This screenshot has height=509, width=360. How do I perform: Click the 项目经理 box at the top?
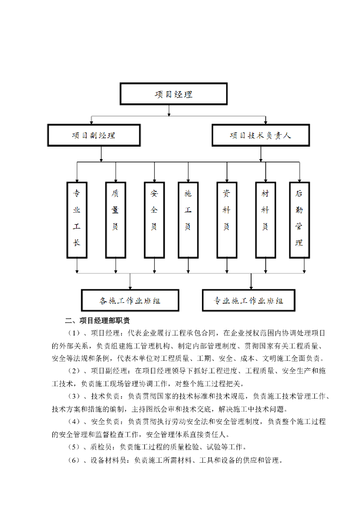(x=174, y=94)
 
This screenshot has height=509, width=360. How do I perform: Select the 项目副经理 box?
(x=94, y=135)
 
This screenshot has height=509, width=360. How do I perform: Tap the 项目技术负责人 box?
(x=261, y=135)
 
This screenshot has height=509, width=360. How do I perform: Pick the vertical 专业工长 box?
(x=77, y=219)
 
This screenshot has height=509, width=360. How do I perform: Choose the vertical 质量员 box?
(x=115, y=219)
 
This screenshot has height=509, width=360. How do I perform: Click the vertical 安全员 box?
(x=154, y=219)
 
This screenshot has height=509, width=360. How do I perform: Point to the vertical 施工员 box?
(x=188, y=219)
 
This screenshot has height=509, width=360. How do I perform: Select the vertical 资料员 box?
(x=227, y=219)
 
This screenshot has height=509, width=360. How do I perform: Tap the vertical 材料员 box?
(x=265, y=219)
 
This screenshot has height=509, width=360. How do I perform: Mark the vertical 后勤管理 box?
(x=299, y=219)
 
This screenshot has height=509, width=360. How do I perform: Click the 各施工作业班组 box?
(x=130, y=301)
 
